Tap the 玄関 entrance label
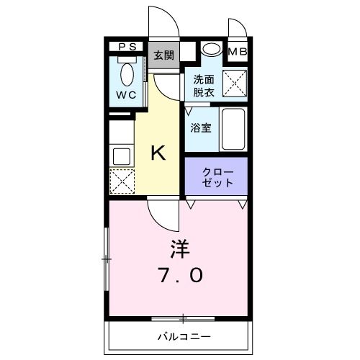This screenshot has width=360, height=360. pyautogui.click(x=163, y=55)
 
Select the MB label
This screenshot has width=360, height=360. pyautogui.click(x=237, y=51)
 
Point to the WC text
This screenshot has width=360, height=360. pyautogui.click(x=127, y=94)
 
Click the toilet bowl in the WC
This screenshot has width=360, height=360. pyautogui.click(x=128, y=74)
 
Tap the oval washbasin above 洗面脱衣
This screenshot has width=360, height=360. pyautogui.click(x=211, y=50)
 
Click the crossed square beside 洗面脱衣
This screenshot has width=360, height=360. pyautogui.click(x=235, y=84)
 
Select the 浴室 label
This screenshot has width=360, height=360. pyautogui.click(x=202, y=128)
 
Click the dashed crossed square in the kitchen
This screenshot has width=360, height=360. pyautogui.click(x=122, y=180)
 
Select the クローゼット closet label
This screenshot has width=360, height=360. pyautogui.click(x=216, y=176)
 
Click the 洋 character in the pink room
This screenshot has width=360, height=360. pyautogui.click(x=179, y=249)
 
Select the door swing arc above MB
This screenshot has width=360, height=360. pyautogui.click(x=237, y=27)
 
